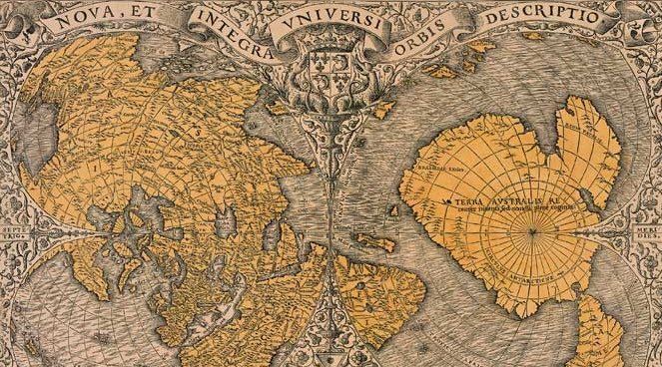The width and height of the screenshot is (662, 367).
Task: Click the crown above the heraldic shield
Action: click(331, 50)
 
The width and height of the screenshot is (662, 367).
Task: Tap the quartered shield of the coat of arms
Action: click(331, 70)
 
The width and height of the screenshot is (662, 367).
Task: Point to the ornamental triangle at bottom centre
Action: click(331, 339)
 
